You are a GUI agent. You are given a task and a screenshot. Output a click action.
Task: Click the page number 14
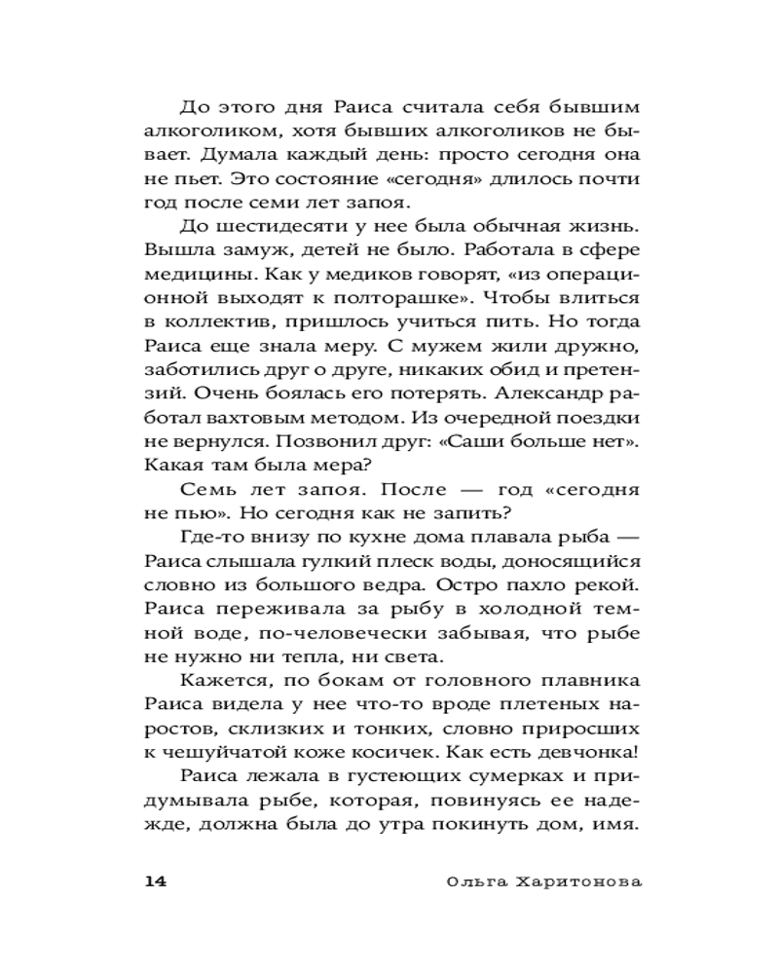tap(157, 881)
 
